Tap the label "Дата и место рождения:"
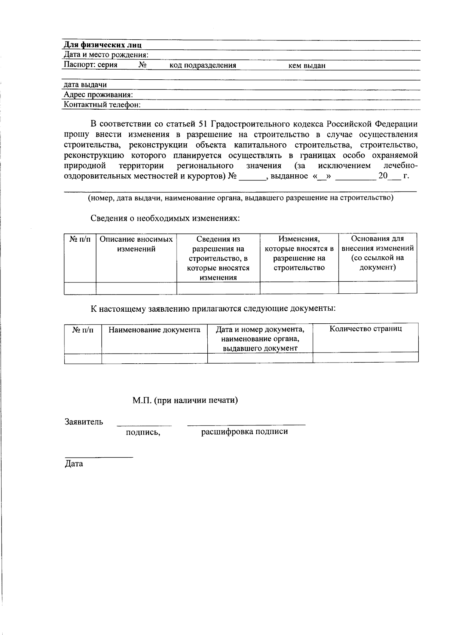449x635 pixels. coord(106,55)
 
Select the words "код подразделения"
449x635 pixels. coord(203,65)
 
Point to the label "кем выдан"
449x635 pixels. coord(306,66)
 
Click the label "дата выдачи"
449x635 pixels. coord(85,85)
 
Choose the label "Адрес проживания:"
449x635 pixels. coord(98,95)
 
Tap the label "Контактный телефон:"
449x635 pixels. coord(102,105)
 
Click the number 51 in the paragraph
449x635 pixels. coord(202,124)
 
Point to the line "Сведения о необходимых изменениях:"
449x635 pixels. coord(165,219)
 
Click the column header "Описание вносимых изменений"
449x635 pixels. coord(136,244)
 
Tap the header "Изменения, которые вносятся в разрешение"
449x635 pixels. coord(299,253)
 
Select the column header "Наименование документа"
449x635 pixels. coord(154,330)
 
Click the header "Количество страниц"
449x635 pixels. coord(366,329)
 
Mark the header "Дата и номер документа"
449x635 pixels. coord(260,330)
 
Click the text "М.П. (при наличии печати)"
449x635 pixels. coord(185,400)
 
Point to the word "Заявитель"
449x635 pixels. coord(84,422)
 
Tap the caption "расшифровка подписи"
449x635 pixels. coord(244,432)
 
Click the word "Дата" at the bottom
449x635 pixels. coord(74,464)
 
